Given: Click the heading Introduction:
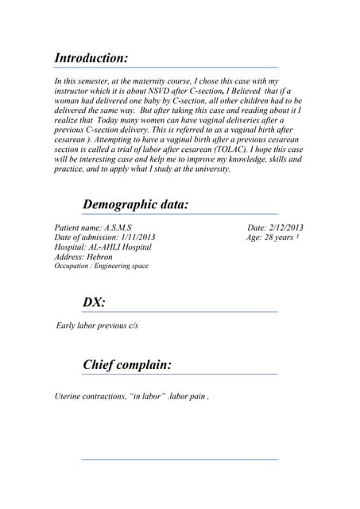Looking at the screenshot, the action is (x=91, y=58).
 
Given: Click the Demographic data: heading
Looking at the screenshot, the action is (x=136, y=204).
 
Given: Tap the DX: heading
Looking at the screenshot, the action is (x=95, y=302).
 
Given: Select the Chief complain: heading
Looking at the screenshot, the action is (x=127, y=365).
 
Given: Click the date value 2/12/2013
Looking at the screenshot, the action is (x=286, y=228).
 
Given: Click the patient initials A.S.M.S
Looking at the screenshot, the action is (x=118, y=228).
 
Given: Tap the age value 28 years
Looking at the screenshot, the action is (x=277, y=238).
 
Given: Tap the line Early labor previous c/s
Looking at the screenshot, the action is (x=98, y=326).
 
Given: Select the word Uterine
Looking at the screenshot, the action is (x=68, y=396).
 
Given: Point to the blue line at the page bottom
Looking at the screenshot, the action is (x=180, y=459).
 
